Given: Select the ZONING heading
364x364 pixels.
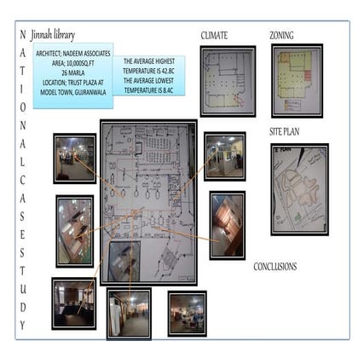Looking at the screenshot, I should (281, 36).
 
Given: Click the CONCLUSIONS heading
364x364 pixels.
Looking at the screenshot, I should (274, 267).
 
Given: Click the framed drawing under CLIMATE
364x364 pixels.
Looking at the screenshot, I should (226, 81).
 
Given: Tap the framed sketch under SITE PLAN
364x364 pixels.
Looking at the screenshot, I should (298, 188).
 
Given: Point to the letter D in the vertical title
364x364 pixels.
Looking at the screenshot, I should (22, 306).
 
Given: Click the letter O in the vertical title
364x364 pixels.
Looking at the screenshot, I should (22, 107).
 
